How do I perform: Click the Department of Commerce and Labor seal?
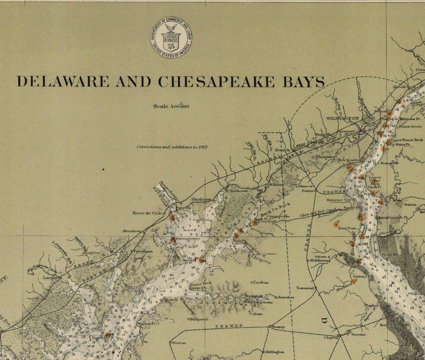171,37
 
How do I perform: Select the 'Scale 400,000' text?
171,106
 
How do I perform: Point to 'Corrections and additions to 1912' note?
172,147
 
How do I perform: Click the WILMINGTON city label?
342,118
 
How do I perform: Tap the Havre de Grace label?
148,213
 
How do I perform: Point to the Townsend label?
305,288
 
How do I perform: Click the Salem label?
410,205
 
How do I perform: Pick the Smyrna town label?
358,335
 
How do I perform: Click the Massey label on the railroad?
278,327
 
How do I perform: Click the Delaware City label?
339,200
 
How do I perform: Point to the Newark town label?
283,150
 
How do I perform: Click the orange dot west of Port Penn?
336,225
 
